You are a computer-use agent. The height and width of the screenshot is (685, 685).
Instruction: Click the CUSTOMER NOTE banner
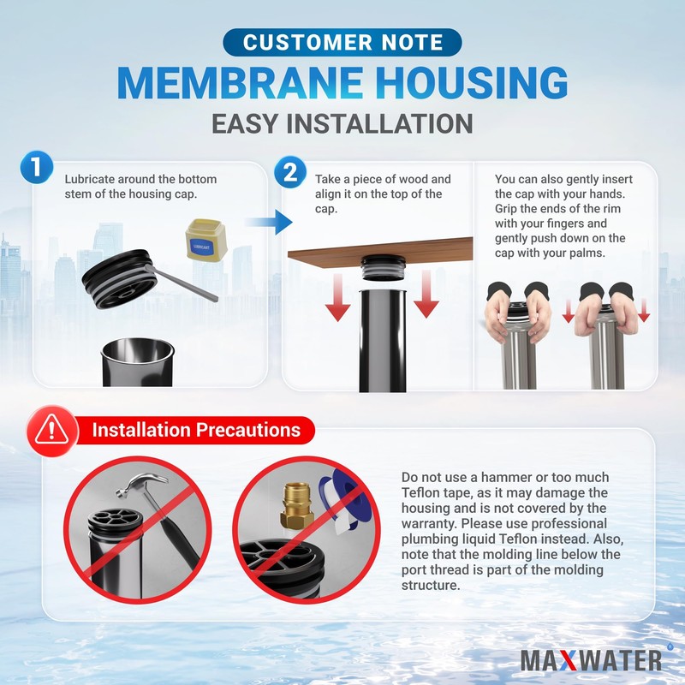pos(342,42)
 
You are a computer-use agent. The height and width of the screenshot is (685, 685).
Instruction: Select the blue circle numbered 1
pos(37,167)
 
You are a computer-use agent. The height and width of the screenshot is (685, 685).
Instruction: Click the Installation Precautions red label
pos(196,430)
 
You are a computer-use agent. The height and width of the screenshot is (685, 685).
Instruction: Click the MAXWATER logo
pos(591,659)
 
